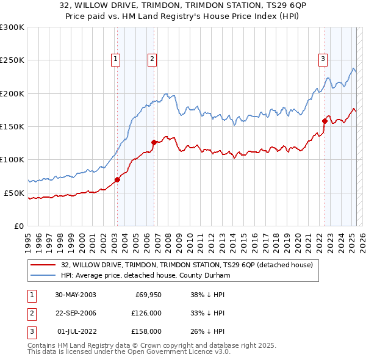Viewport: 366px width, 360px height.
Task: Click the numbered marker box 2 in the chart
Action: [152, 59]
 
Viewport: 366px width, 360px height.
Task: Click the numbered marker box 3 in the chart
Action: [323, 59]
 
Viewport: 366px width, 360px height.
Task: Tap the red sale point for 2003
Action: [117, 179]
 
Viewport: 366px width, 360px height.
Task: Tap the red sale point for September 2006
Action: [153, 142]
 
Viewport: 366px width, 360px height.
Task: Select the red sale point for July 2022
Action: [325, 121]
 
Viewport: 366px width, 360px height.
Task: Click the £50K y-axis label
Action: [13, 193]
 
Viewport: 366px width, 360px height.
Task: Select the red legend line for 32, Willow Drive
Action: [43, 265]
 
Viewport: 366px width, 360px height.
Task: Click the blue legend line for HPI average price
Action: [43, 275]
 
